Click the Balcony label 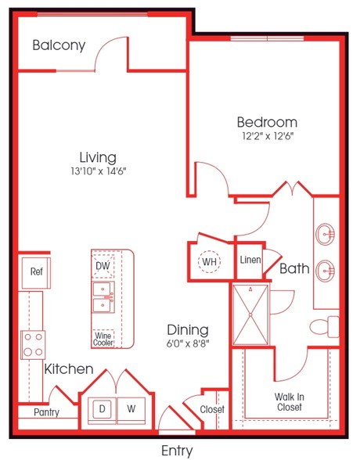[59, 45]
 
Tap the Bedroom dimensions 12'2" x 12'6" [268, 136]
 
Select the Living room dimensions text [98, 171]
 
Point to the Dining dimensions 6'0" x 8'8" [188, 343]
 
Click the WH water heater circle [209, 261]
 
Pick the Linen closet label [250, 260]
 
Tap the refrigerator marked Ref [36, 272]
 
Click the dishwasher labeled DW [103, 266]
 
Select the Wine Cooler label [103, 339]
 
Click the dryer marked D [102, 408]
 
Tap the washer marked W [131, 408]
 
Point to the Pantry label [46, 412]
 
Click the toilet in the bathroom [324, 326]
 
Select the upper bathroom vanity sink [325, 234]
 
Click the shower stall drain [250, 314]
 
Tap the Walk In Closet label [289, 402]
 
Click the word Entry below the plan [177, 451]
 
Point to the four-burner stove [33, 345]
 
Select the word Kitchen [69, 369]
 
